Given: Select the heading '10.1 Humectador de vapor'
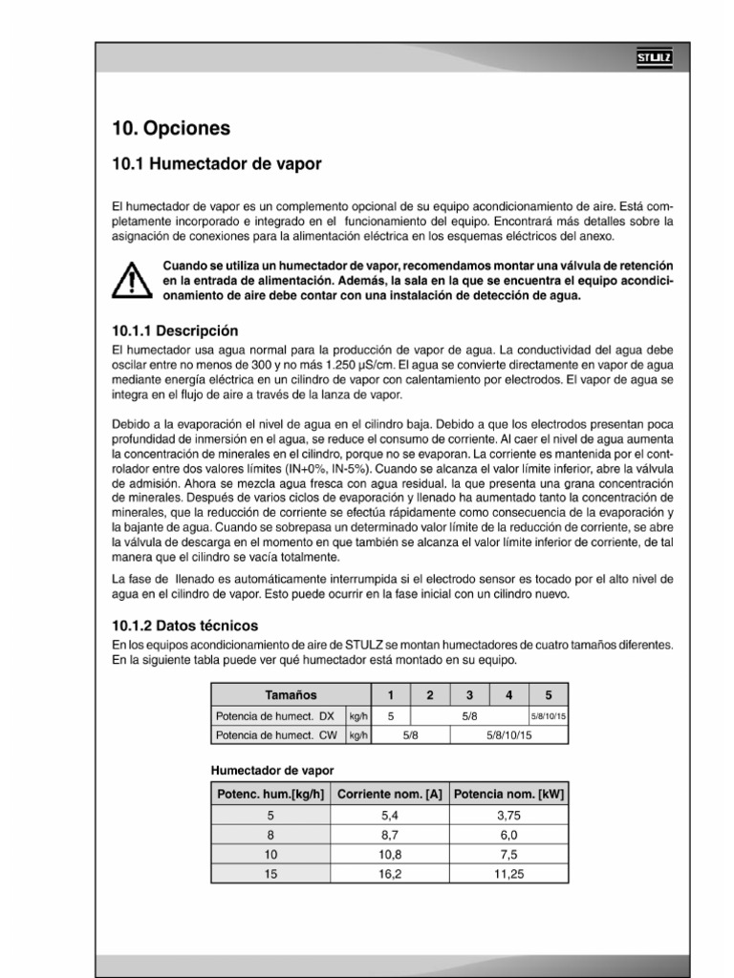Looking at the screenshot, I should pyautogui.click(x=217, y=164).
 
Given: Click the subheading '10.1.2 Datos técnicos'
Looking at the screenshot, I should pyautogui.click(x=185, y=627).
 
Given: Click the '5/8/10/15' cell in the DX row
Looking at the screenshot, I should pyautogui.click(x=548, y=715).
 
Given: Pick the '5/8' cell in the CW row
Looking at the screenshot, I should pyautogui.click(x=409, y=735).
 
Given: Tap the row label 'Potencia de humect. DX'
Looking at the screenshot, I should pyautogui.click(x=276, y=715).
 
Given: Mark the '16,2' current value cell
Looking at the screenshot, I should pyautogui.click(x=389, y=873).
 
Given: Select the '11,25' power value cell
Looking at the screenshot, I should pyautogui.click(x=509, y=873).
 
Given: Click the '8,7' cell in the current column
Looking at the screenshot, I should pyautogui.click(x=389, y=834).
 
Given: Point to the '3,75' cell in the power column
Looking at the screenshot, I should pyautogui.click(x=509, y=815).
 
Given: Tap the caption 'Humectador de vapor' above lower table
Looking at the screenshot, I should pyautogui.click(x=271, y=769).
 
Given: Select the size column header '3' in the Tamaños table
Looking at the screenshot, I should pyautogui.click(x=469, y=695).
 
